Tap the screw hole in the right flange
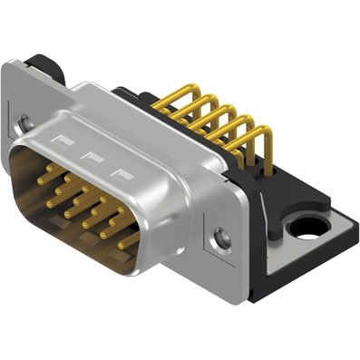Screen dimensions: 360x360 (x=219, y=238)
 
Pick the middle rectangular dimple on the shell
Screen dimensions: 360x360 (x=90, y=154)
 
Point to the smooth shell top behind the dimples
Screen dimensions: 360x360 (x=154, y=118)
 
